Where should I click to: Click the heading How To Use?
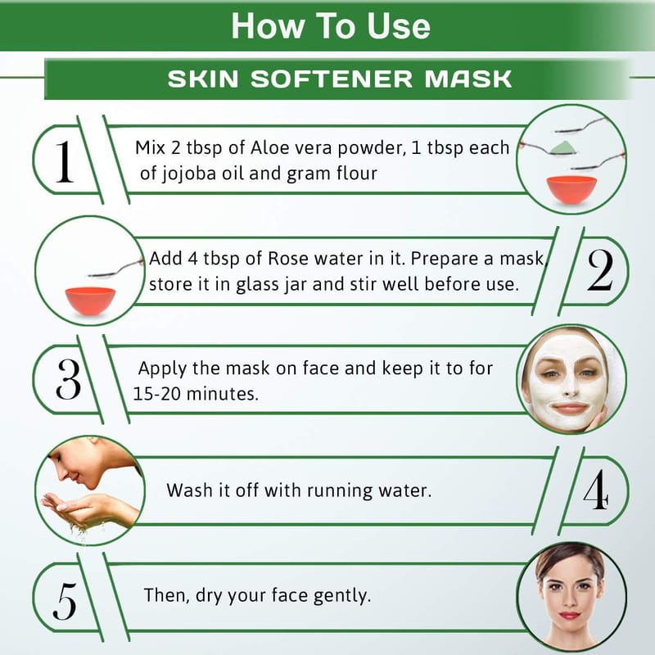[331, 26]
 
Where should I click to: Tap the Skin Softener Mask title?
[340, 79]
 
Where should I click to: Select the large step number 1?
[64, 161]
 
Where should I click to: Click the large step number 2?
[600, 270]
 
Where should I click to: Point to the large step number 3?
[68, 379]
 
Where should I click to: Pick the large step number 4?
[596, 489]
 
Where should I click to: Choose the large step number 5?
[65, 601]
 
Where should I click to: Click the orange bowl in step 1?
[571, 190]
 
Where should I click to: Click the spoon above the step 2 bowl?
[115, 269]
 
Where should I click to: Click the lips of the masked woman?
[570, 407]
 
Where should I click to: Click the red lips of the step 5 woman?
[570, 616]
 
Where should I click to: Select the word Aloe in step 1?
[269, 147]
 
